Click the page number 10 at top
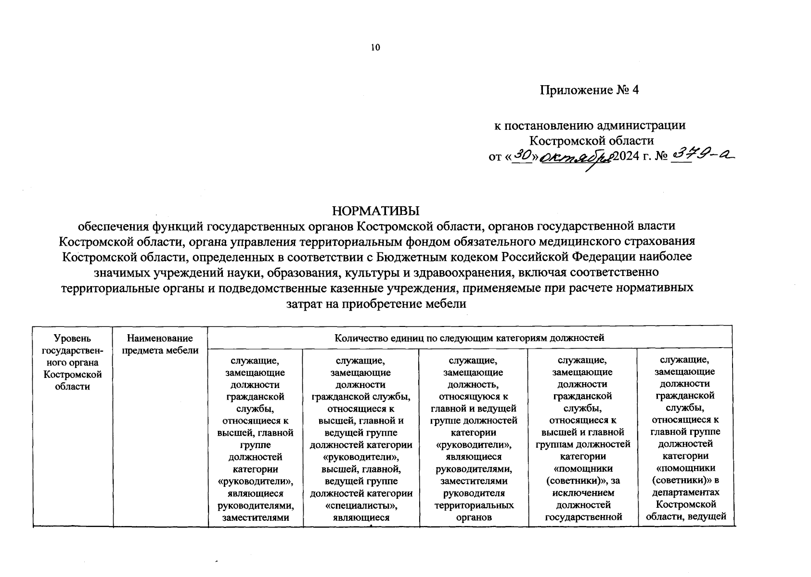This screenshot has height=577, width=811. point(375,47)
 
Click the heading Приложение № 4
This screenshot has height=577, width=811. point(589,90)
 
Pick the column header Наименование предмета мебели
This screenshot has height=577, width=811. point(160,344)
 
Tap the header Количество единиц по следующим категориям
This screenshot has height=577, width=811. point(469,338)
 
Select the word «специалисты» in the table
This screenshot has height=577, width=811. point(361,505)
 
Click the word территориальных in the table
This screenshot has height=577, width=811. point(474,505)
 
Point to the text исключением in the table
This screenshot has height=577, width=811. point(582,493)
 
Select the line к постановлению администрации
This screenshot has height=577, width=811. point(590,125)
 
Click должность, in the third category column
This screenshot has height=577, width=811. point(474,384)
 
